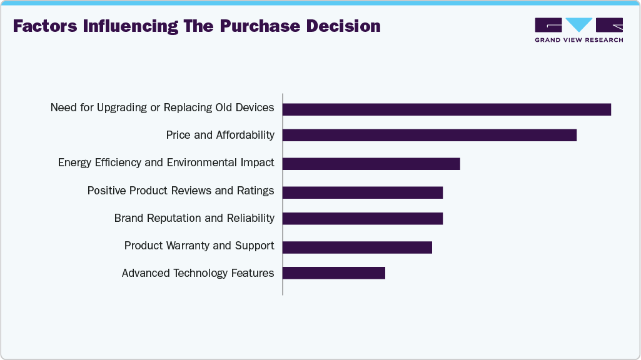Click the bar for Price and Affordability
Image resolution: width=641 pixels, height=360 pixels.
[x=429, y=135]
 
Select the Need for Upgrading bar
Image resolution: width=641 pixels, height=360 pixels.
[x=447, y=109]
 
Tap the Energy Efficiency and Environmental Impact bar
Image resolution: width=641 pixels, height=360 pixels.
[x=371, y=164]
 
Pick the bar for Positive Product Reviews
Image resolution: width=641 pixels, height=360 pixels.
[x=362, y=192]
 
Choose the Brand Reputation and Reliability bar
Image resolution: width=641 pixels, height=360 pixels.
[x=362, y=218]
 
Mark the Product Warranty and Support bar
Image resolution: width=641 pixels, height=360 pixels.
[x=357, y=247]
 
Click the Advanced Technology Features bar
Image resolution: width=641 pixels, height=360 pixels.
[x=333, y=273]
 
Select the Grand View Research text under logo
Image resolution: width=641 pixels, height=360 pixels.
[x=578, y=40]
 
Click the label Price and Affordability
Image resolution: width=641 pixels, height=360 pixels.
[x=220, y=135]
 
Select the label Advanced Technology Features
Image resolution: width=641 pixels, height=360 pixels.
[x=198, y=273]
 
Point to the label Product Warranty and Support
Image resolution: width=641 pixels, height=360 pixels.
[x=199, y=246]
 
